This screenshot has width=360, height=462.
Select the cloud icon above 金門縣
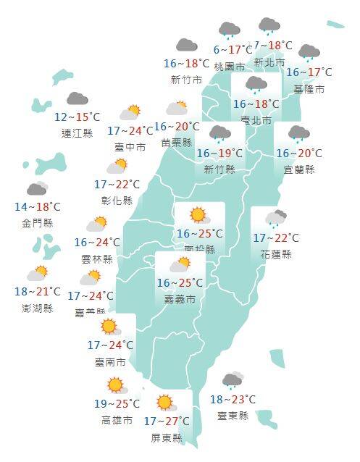[37, 189]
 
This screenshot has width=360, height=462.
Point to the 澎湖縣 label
[38, 308]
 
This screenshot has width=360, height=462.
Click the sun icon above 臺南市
[109, 327]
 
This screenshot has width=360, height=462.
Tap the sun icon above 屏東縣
[165, 402]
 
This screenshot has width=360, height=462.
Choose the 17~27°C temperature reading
[166, 421]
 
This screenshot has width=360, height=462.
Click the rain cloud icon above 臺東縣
[233, 380]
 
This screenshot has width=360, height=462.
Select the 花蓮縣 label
[276, 254]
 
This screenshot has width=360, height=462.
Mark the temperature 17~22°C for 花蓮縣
[275, 238]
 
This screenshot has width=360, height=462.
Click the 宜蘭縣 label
[299, 169]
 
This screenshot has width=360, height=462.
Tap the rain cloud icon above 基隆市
[309, 53]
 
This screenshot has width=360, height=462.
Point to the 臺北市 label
[257, 120]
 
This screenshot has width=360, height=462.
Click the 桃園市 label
[229, 66]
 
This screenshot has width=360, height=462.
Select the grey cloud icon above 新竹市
[186, 45]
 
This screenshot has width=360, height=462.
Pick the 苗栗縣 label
[177, 143]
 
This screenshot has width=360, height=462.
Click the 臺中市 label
[130, 147]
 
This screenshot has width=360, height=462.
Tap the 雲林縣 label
[98, 259]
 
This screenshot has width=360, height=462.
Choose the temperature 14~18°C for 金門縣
[37, 207]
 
